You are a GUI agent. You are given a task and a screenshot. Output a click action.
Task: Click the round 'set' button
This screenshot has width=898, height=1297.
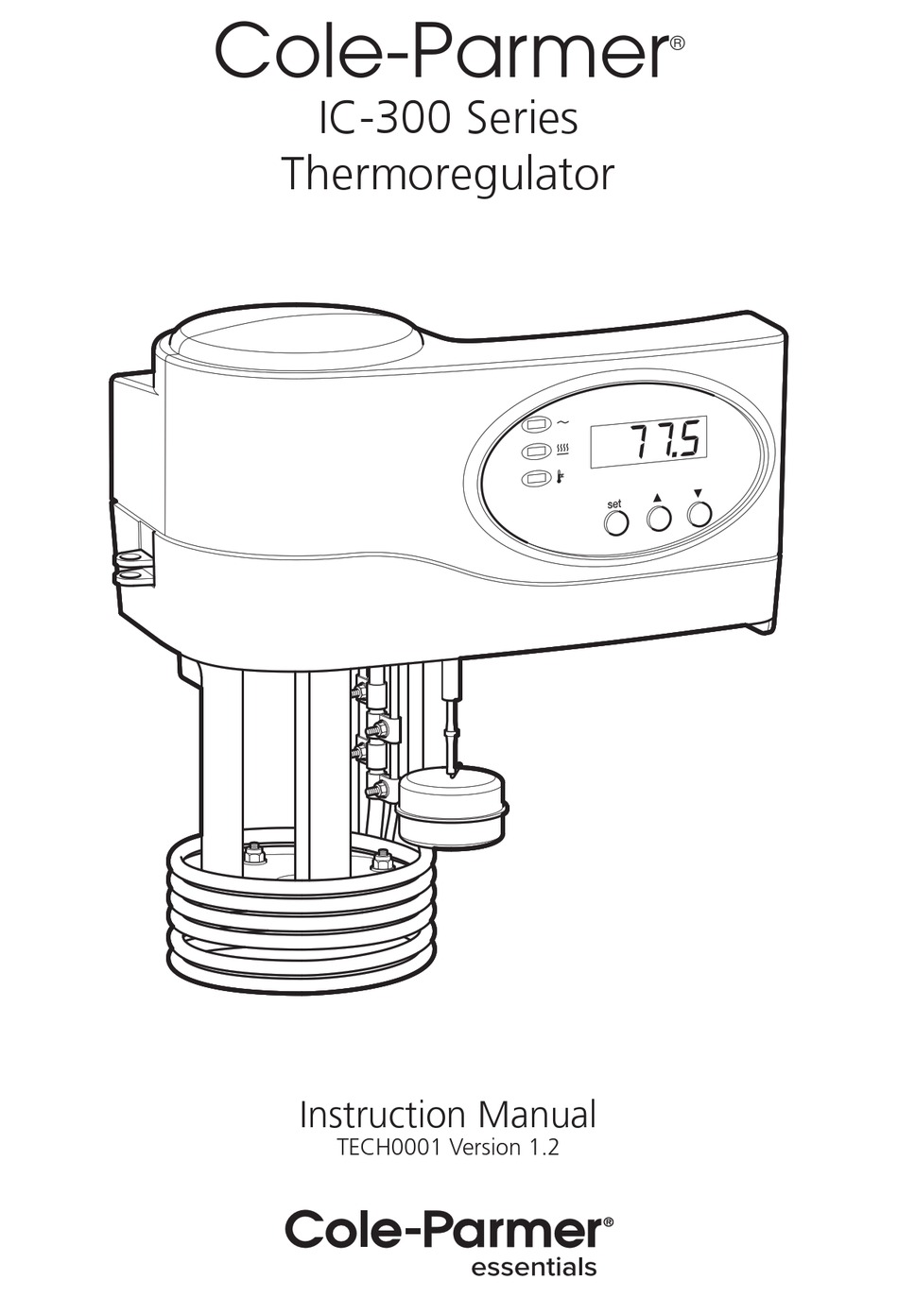coord(615,522)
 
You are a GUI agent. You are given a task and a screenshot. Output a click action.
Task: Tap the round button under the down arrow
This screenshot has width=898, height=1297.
coord(699,514)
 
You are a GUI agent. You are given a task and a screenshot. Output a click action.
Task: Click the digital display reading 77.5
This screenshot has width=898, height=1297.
coord(648,441)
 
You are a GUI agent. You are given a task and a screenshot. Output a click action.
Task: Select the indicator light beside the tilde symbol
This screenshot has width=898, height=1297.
coord(538,426)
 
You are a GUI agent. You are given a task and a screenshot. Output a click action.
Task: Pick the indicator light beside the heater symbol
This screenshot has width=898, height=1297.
coord(538,452)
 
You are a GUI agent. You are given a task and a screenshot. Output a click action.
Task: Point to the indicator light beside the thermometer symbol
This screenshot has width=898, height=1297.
coord(538,478)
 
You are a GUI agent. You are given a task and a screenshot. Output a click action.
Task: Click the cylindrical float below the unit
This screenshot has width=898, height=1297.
coord(452,806)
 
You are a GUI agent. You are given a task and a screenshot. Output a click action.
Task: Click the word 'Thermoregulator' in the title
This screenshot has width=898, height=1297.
coord(447,175)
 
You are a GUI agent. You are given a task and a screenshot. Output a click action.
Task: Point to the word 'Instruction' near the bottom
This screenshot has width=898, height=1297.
coord(382,1115)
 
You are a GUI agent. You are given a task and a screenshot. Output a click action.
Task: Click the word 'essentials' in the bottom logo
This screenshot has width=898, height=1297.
coord(533,1267)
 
